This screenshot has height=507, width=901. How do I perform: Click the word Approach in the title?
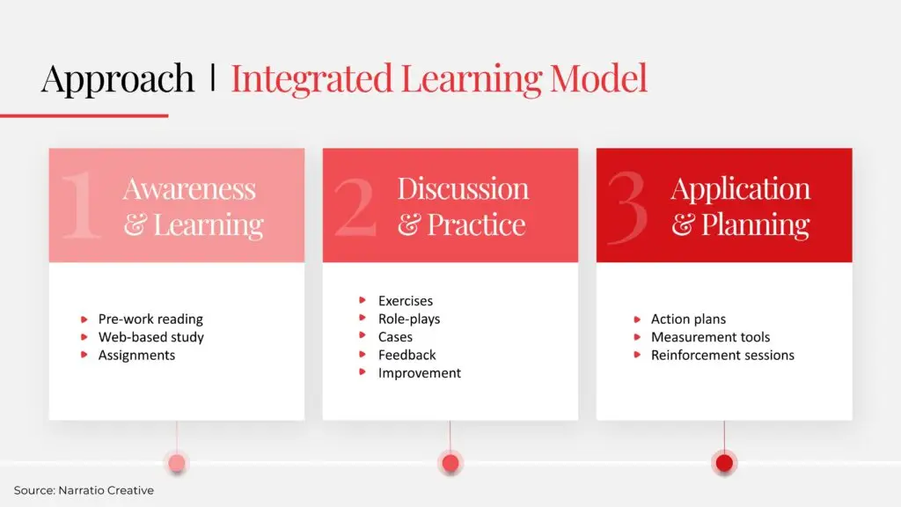coord(118,79)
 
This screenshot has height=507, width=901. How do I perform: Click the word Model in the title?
coord(598,77)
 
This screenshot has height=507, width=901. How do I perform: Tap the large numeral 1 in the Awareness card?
coord(81,204)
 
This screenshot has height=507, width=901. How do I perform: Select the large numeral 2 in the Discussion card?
coord(355,206)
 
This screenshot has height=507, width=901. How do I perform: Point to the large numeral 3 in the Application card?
coord(627,206)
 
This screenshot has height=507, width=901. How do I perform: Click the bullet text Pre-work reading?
coord(150,319)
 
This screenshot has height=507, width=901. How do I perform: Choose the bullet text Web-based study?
coord(151,337)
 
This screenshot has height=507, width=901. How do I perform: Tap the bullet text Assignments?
coord(136,356)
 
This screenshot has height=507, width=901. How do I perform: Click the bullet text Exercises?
coord(406,301)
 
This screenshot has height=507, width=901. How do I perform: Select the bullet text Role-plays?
coord(409,319)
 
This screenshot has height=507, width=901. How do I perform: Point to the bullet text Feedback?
coord(407,356)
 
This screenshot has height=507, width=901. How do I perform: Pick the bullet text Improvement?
coord(420,373)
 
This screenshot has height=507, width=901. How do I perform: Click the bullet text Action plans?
coord(688,319)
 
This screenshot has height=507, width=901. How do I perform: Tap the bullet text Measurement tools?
coord(710,337)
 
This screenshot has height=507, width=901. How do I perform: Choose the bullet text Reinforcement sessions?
coord(723,356)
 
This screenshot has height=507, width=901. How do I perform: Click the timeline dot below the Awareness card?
coord(177,463)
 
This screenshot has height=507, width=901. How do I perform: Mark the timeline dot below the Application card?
coord(724,463)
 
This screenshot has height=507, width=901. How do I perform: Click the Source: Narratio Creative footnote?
coord(84,490)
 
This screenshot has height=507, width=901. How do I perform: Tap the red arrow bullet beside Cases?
coord(363,335)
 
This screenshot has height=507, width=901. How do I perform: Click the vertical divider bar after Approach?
coord(213,77)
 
